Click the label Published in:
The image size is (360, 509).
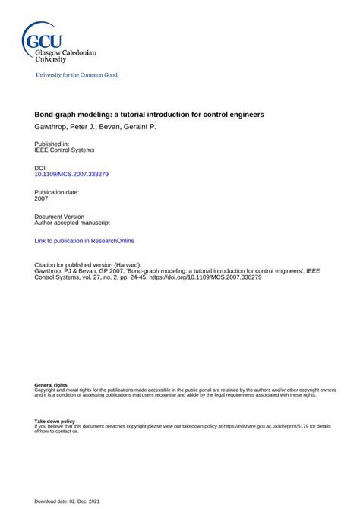click(x=52, y=144)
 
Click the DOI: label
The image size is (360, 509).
click(x=41, y=168)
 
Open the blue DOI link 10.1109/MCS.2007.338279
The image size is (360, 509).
click(x=71, y=175)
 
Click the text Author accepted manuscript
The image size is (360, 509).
click(x=73, y=223)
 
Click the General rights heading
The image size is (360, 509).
click(x=51, y=385)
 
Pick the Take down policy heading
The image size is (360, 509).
click(x=55, y=421)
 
